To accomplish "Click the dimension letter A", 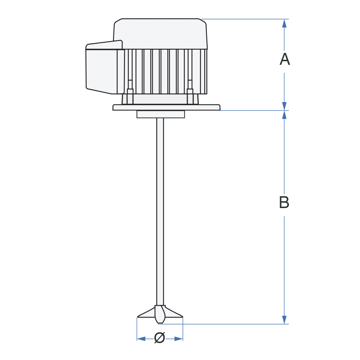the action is pos(285,59).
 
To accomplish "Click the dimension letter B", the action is pos(284,202).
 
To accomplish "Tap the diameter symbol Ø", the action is pos(159,338).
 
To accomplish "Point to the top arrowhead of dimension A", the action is pos(284,23).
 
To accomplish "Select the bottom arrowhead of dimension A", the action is pos(284,106).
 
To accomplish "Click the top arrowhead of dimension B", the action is pos(284,115).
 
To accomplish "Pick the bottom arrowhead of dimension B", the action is pos(284,320).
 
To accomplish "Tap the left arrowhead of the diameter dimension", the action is pos(141,339).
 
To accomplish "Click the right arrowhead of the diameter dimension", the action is pos(179,339).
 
